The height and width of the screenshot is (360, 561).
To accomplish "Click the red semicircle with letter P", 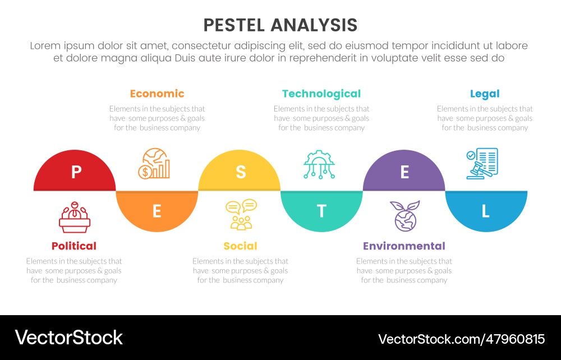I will pyautogui.click(x=75, y=173).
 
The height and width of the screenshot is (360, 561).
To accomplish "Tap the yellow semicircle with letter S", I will pyautogui.click(x=240, y=173).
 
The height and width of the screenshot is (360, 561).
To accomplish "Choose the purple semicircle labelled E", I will pyautogui.click(x=404, y=173).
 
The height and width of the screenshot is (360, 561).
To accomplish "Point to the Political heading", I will pyautogui.click(x=74, y=246).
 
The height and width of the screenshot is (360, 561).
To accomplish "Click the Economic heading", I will pyautogui.click(x=157, y=94).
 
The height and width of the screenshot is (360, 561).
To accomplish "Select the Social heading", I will pyautogui.click(x=240, y=246).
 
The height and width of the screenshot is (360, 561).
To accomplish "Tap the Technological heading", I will pyautogui.click(x=321, y=94).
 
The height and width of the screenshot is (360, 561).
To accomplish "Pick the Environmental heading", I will pyautogui.click(x=404, y=246).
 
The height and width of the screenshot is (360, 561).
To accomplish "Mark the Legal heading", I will pyautogui.click(x=485, y=94).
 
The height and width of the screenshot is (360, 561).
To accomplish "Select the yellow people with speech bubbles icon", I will pyautogui.click(x=241, y=215).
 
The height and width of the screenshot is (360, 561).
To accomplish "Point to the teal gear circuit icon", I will pyautogui.click(x=319, y=164).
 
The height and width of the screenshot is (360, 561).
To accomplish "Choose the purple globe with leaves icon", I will pyautogui.click(x=405, y=216).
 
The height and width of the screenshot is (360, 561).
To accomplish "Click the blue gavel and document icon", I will pyautogui.click(x=482, y=164).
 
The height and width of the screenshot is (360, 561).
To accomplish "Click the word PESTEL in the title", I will pyautogui.click(x=235, y=25).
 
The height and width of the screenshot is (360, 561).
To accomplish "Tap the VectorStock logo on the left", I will pyautogui.click(x=68, y=338).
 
